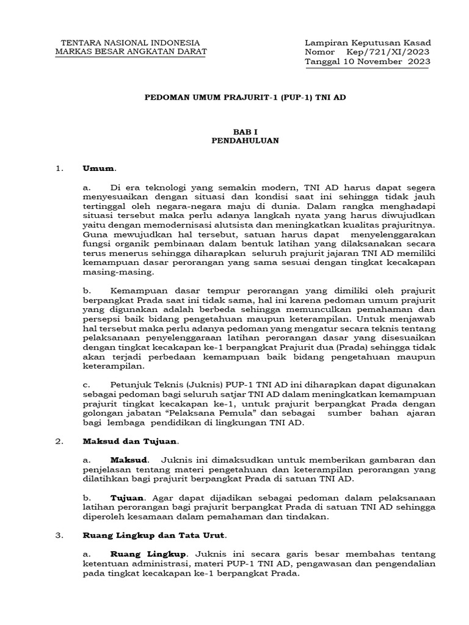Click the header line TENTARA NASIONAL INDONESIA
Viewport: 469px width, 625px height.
[130, 42]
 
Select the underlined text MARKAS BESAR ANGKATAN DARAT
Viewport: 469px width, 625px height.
[131, 51]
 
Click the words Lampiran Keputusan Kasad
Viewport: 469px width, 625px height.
[367, 42]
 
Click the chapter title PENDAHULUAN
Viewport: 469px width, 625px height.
[245, 140]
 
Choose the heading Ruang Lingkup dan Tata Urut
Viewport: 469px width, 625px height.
[154, 535]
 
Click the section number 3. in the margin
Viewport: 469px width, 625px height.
[59, 535]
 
